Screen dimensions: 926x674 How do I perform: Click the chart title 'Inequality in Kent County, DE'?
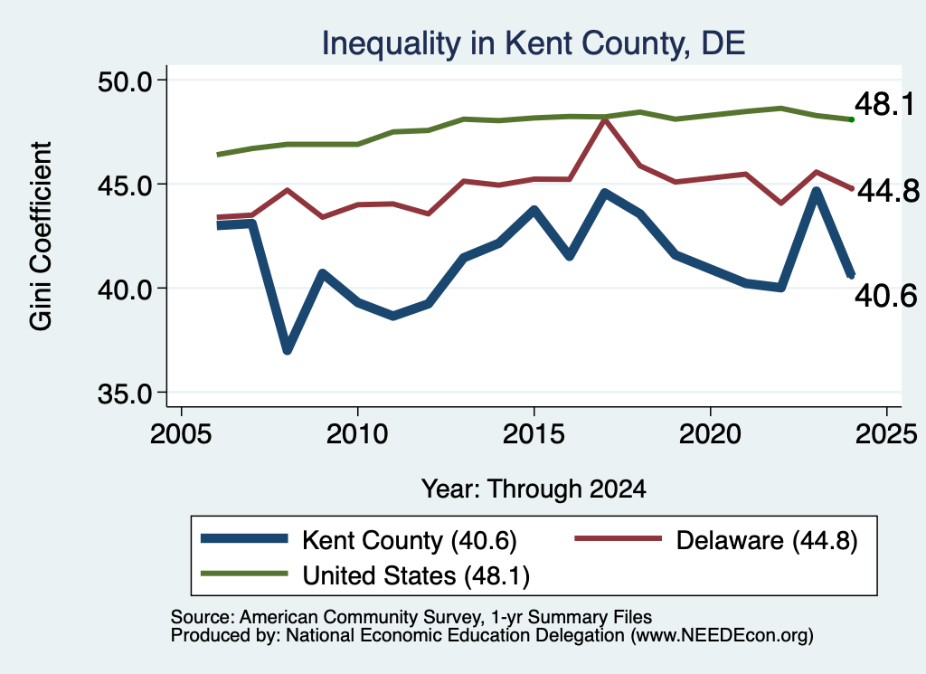(534, 43)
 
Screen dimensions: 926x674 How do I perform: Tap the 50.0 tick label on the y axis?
(125, 81)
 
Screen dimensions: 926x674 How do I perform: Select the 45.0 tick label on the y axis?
(125, 185)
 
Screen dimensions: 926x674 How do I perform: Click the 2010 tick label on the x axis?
(357, 434)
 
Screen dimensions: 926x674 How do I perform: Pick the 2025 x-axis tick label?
(886, 434)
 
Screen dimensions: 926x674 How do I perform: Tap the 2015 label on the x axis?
(534, 434)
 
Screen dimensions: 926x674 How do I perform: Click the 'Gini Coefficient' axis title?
(41, 236)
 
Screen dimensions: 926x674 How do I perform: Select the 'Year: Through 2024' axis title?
(534, 489)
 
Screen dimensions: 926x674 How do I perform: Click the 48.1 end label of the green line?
(884, 105)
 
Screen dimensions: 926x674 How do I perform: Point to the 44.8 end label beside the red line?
(888, 191)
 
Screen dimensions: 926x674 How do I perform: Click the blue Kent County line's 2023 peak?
(817, 192)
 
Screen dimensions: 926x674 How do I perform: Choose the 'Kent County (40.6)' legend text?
(410, 540)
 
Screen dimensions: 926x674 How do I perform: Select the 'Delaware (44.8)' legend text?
(767, 540)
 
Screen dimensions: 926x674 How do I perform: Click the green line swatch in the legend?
(244, 574)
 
